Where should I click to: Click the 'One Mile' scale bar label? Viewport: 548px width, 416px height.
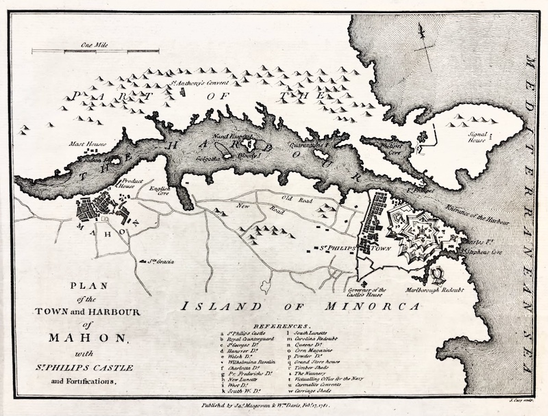coord(90,44)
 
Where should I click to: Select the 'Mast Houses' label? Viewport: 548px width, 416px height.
coord(85,144)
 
